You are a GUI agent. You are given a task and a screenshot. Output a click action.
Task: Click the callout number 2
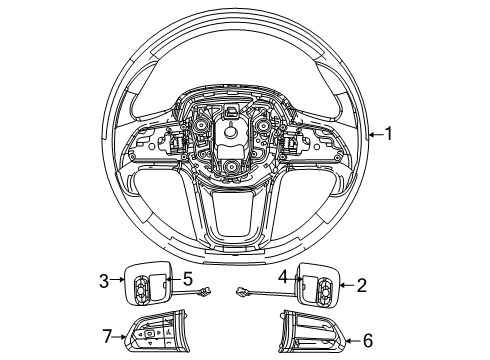362,285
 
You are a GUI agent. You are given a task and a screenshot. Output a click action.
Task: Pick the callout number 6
368,341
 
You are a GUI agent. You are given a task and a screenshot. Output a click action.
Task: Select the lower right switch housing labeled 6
315,334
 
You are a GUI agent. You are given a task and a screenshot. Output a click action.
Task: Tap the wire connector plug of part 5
206,291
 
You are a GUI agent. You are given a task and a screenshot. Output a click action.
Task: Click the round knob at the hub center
232,132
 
